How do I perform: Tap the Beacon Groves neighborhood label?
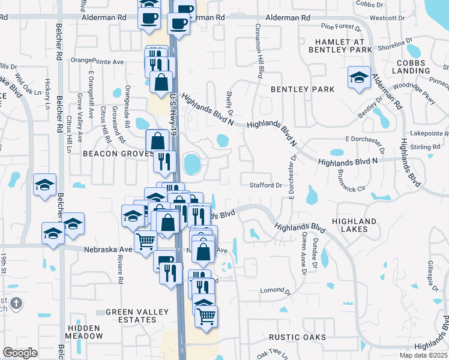(x=115, y=154)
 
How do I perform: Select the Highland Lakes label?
(x=358, y=225)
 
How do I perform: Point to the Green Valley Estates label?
(x=131, y=316)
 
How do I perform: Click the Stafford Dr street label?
(x=265, y=185)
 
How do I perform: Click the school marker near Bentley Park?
(x=359, y=77)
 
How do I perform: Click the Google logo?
(x=20, y=353)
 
